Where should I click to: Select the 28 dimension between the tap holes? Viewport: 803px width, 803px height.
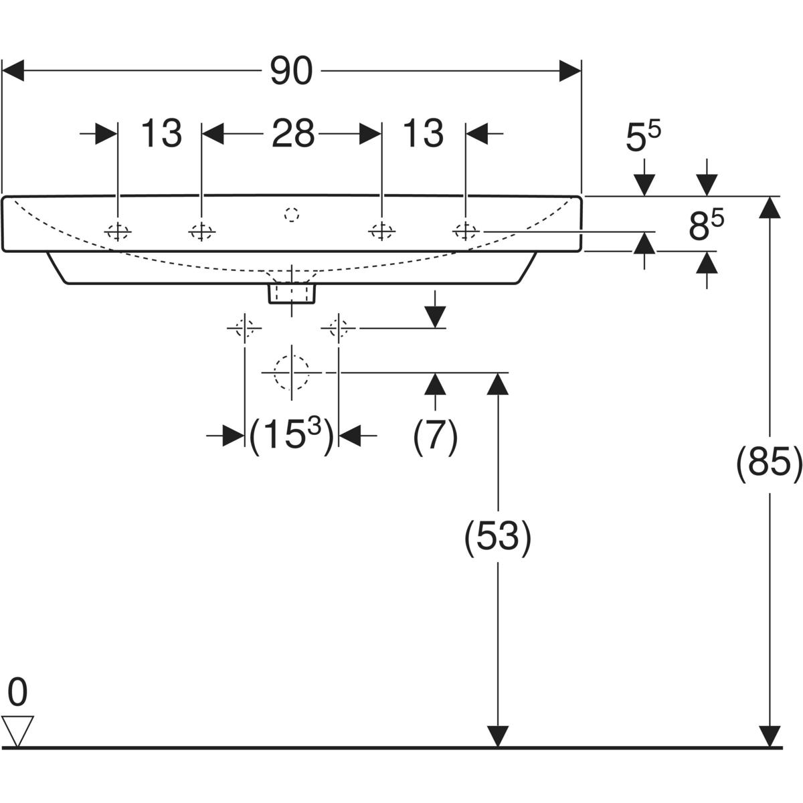point(292,134)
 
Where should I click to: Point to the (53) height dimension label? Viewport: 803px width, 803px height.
point(498,536)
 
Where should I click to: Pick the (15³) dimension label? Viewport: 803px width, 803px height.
point(291,436)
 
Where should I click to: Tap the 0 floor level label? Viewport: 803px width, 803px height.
point(17,693)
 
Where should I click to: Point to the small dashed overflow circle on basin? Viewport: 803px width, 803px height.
point(292,215)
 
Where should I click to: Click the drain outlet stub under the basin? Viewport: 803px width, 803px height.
point(292,293)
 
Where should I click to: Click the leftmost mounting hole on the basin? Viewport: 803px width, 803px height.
point(118,232)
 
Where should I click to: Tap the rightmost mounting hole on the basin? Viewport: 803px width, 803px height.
point(465,231)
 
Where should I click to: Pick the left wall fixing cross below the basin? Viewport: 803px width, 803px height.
point(244,329)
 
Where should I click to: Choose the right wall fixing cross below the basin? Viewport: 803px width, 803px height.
point(339,329)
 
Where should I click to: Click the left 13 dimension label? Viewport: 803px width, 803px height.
point(161,134)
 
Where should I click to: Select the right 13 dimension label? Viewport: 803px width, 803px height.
point(423,134)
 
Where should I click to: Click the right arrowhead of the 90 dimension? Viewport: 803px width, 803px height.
point(569,71)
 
